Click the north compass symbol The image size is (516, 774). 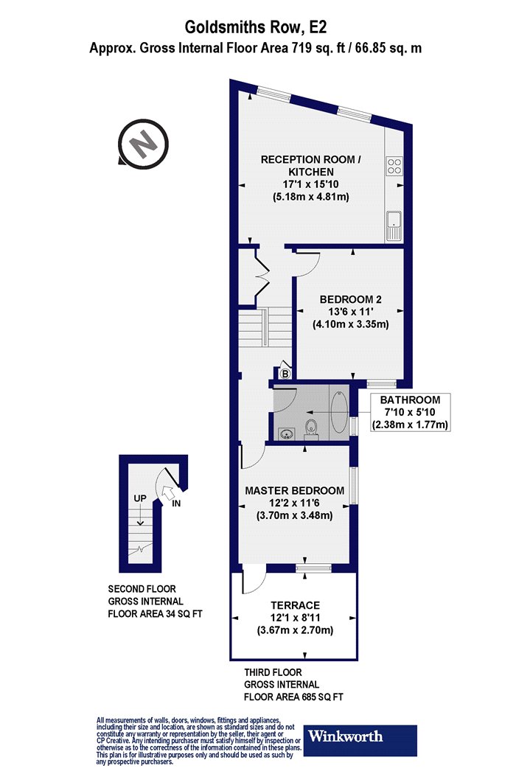click(x=143, y=144)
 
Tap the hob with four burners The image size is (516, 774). click(x=394, y=166)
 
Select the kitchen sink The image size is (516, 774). click(x=394, y=226)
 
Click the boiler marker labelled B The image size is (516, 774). click(x=285, y=374)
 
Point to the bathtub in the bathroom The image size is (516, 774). click(x=340, y=412)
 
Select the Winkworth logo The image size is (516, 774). click(x=360, y=740)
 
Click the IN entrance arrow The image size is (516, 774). click(x=168, y=491)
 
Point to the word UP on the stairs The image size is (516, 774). click(x=140, y=498)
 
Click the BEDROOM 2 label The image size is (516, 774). click(x=351, y=299)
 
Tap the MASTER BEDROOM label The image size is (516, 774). click(x=295, y=491)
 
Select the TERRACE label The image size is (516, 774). click(x=296, y=605)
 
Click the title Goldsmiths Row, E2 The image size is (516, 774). click(x=256, y=27)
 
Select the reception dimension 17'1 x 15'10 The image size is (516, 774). click(x=311, y=184)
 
